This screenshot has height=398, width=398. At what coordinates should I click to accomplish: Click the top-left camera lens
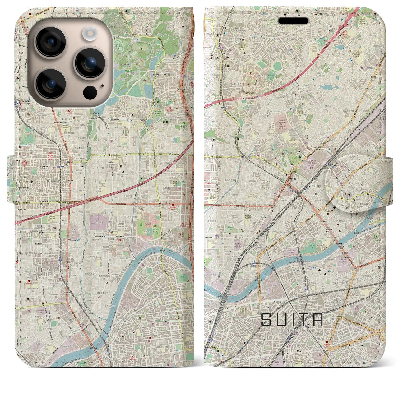click(50, 42)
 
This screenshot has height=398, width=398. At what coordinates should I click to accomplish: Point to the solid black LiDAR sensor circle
click(90, 92)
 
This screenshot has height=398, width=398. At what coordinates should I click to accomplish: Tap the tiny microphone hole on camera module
click(102, 86)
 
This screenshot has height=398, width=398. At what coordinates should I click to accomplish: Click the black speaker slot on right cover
click(293, 21)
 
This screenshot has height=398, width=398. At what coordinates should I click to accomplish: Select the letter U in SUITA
click(281, 320)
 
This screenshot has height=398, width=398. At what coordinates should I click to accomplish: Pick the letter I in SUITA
click(293, 320)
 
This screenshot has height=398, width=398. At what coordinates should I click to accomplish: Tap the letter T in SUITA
click(303, 320)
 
